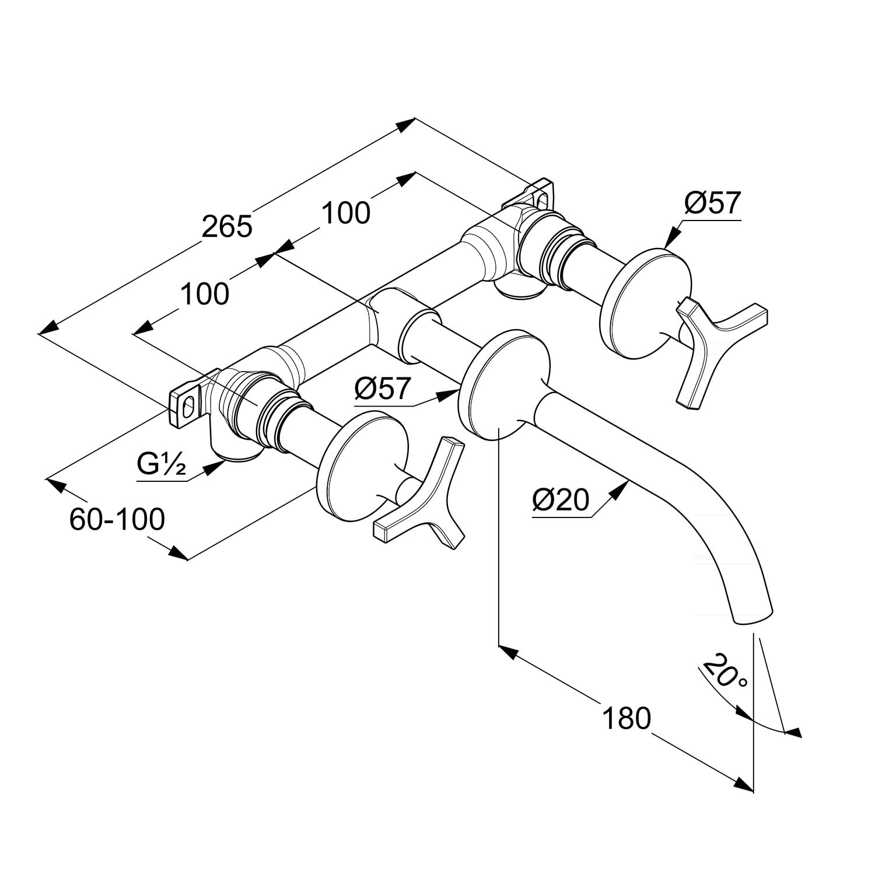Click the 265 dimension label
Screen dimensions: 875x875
[x=227, y=226]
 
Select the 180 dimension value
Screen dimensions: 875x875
[x=626, y=718]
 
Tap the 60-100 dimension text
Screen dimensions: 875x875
[x=117, y=519]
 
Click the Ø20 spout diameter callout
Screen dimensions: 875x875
[x=561, y=501]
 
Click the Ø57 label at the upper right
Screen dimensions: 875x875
[x=712, y=204]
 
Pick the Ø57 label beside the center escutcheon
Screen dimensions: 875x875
[x=383, y=387]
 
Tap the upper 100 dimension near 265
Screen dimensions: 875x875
[x=346, y=213]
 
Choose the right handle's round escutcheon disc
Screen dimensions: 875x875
[x=646, y=304]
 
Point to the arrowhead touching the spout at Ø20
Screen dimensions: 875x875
[x=618, y=491]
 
